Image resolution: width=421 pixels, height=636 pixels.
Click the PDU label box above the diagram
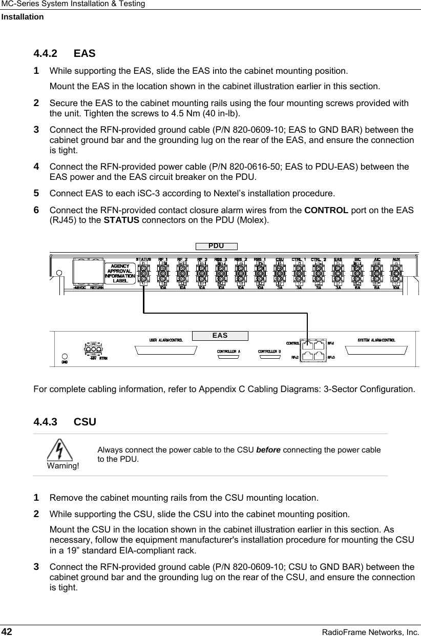[x=219, y=246]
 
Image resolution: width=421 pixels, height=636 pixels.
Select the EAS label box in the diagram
[x=220, y=336]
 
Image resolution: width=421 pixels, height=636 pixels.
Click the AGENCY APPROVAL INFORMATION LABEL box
[x=120, y=273]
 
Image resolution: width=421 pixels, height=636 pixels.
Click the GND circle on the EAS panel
[x=65, y=356]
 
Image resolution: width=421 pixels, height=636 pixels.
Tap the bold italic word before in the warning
[x=268, y=449]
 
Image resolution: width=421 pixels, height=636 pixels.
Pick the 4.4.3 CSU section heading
[x=65, y=422]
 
